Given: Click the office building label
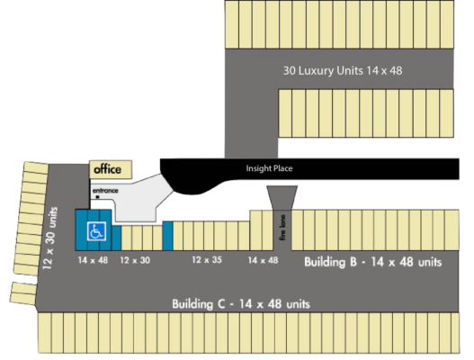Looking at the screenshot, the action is (x=107, y=169).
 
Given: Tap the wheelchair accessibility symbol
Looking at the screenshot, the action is (x=97, y=231).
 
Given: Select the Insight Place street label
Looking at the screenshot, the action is (x=269, y=168).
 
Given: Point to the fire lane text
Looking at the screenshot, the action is (x=282, y=228).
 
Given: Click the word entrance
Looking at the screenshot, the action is (x=105, y=191).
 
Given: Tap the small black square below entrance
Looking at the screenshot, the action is (x=98, y=197).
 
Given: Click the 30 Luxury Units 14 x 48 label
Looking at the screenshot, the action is (x=343, y=71).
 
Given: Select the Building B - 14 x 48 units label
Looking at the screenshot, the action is (x=372, y=262).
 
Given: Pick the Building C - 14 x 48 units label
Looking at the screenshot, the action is (x=241, y=303).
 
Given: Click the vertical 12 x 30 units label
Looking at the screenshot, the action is (x=49, y=238).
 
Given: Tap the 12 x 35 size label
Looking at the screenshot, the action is (x=207, y=260).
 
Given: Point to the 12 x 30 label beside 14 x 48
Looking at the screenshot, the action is (x=135, y=260).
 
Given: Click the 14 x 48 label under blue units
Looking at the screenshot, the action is (x=93, y=260).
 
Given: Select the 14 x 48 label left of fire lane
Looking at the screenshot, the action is (x=263, y=260).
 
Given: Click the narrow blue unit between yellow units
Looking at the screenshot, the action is (x=168, y=236).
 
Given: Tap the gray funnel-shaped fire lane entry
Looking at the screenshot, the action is (x=282, y=197).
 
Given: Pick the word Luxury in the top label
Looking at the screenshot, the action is (x=317, y=71).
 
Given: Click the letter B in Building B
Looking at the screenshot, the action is (x=353, y=262).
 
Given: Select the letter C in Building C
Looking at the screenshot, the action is (x=221, y=303).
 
